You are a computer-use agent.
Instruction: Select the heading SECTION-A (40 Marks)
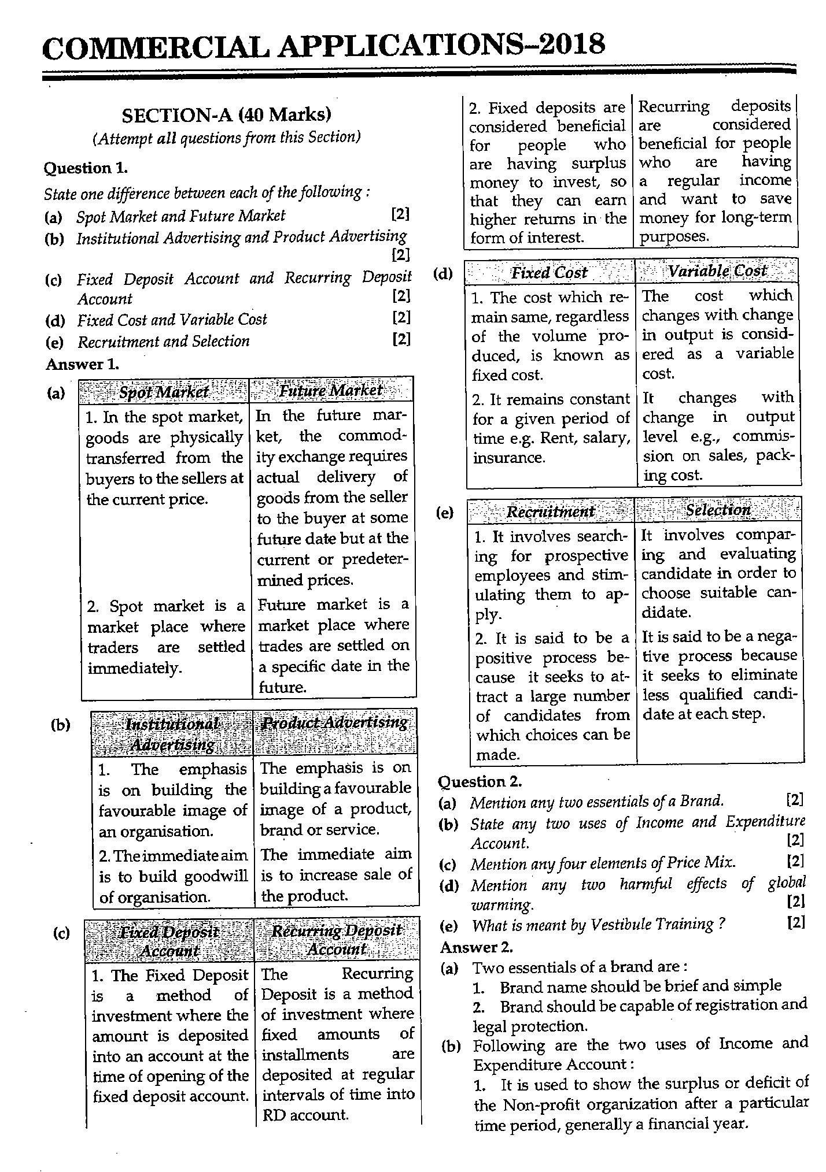click(226, 115)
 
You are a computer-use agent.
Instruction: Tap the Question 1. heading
click(86, 168)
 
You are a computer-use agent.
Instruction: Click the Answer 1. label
click(82, 364)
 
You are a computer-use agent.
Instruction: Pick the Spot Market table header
click(164, 392)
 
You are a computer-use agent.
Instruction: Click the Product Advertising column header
click(334, 723)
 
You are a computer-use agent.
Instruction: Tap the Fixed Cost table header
click(549, 272)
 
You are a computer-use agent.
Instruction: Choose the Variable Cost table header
click(717, 271)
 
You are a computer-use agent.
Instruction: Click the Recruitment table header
click(550, 511)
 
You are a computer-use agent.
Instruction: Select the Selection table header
click(718, 510)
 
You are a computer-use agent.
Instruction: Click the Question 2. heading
click(480, 781)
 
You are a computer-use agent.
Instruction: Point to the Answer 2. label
click(477, 947)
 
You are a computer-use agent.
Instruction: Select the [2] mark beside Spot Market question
click(400, 214)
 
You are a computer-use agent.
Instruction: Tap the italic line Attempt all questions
click(226, 138)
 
